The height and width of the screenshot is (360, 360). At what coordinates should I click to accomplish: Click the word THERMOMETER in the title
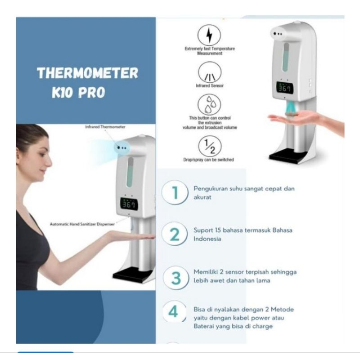click(87, 73)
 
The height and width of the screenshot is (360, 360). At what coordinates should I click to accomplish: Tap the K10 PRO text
click(78, 92)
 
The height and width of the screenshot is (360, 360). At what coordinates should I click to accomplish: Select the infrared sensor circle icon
click(209, 72)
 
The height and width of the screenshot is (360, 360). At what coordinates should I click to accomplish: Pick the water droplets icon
click(209, 105)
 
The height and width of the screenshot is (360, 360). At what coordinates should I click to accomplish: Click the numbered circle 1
click(174, 193)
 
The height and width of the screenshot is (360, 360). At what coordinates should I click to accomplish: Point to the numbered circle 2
click(174, 234)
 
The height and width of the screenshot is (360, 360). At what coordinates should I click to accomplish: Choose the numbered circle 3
click(175, 277)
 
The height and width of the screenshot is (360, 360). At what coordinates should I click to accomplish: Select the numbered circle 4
click(174, 311)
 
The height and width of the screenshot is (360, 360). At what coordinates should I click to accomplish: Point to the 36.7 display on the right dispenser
click(284, 89)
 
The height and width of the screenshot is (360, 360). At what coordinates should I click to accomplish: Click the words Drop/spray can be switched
click(209, 160)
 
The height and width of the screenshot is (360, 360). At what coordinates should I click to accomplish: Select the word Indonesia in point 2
click(207, 239)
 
